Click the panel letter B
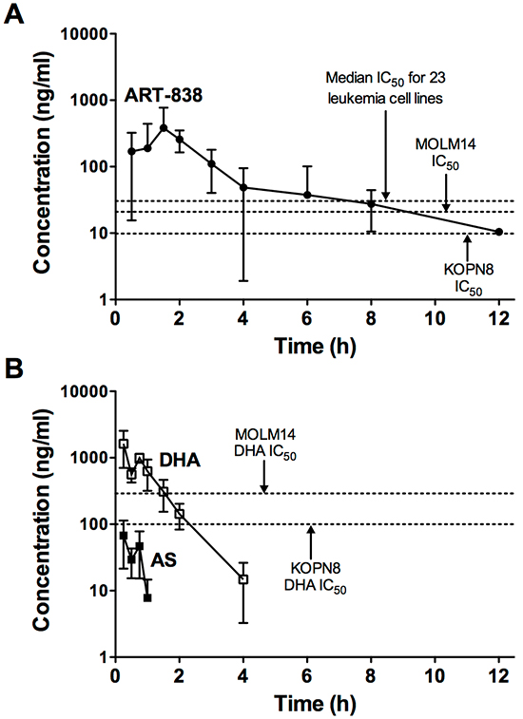[x=13, y=369]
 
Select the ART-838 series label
[x=164, y=95]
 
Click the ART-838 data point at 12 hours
[x=498, y=232]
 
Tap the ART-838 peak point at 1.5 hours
[x=164, y=128]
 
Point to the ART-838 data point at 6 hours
[x=307, y=195]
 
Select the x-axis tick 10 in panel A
[x=435, y=318]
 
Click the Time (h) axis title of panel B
[x=315, y=703]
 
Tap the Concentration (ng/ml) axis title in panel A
[x=42, y=162]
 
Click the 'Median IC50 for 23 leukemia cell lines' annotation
[x=385, y=87]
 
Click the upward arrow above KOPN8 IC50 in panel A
[x=468, y=248]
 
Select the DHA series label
[x=180, y=460]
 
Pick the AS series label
[x=164, y=559]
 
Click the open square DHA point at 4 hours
[x=243, y=579]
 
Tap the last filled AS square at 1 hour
[x=147, y=597]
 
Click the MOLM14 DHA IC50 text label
[x=265, y=444]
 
